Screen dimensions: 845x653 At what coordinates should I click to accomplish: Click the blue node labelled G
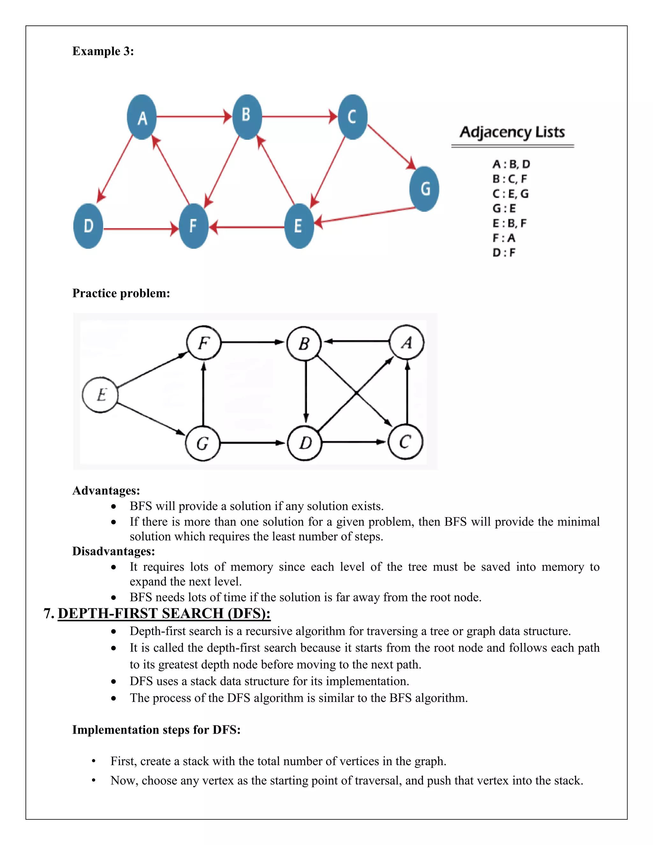(424, 189)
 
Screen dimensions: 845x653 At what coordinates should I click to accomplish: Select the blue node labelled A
(142, 117)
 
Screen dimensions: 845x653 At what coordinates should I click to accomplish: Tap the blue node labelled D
(88, 226)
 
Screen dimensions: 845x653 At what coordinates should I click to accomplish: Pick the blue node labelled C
(352, 117)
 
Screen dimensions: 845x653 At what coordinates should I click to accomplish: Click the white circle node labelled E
(100, 395)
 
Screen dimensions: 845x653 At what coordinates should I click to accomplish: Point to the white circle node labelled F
(203, 343)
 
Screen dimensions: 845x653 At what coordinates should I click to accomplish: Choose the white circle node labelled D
(305, 443)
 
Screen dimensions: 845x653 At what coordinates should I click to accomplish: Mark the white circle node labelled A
(407, 342)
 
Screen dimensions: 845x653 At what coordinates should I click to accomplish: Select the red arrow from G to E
(366, 215)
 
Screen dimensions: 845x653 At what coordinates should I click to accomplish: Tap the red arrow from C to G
(391, 146)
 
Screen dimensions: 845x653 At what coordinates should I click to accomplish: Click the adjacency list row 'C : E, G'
(510, 194)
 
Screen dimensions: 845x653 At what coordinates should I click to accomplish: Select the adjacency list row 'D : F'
(504, 253)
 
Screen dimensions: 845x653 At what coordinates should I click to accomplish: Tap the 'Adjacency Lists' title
(512, 132)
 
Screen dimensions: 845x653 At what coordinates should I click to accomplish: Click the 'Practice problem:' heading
(121, 293)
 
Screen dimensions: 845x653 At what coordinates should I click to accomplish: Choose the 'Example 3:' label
(103, 51)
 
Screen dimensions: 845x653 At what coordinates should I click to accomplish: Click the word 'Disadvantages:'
(113, 551)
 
